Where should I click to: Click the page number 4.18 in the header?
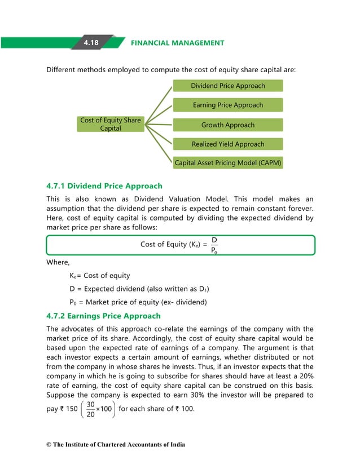pos(91,43)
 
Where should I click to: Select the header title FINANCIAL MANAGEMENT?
pos(177,43)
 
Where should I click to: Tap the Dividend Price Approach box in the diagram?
pos(227,86)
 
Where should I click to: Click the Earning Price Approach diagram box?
pos(227,105)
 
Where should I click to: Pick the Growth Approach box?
pos(227,125)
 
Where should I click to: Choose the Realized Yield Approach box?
pos(227,144)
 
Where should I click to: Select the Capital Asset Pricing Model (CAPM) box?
pos(227,163)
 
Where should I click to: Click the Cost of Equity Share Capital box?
pos(111,124)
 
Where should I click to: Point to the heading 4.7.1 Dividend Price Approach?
pos(104,185)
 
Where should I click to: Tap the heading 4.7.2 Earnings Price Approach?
pos(103,316)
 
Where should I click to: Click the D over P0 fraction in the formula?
pos(214,245)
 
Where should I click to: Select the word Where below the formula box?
pos(58,262)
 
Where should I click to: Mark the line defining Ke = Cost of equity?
pos(100,276)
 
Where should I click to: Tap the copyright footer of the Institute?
pos(115,445)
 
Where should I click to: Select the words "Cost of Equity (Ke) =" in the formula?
pos(173,245)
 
